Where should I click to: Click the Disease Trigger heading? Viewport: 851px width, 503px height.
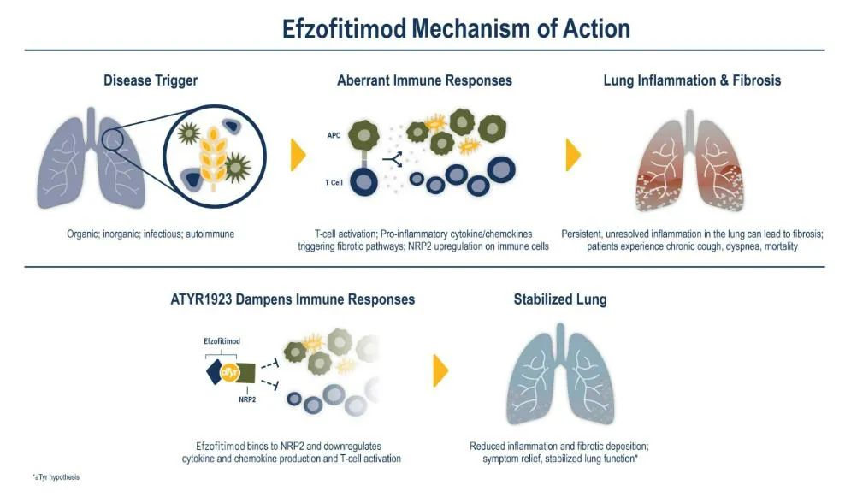[151, 80]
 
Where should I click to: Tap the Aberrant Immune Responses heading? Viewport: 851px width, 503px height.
[424, 80]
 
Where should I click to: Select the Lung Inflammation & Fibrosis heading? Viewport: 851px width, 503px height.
[692, 80]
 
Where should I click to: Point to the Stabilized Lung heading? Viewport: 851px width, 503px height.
[559, 299]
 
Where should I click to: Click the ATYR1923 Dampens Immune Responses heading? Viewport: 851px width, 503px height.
[292, 299]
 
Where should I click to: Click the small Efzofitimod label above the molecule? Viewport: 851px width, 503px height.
[222, 341]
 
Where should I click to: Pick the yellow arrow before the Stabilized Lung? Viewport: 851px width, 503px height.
[440, 370]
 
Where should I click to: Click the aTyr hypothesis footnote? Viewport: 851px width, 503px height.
[56, 476]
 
